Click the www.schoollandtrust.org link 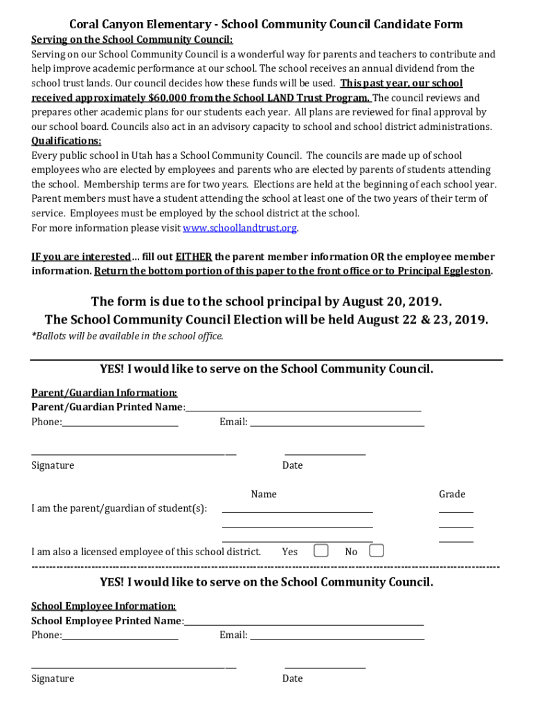[x=240, y=227]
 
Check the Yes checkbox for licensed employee [x=320, y=550]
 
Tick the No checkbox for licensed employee [x=376, y=550]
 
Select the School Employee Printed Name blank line [x=304, y=622]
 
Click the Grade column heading [x=452, y=494]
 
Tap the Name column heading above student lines [x=264, y=494]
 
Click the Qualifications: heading [x=66, y=141]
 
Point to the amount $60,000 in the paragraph [x=170, y=97]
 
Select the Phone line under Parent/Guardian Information [x=120, y=423]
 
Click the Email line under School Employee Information [x=336, y=636]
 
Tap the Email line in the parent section [x=336, y=423]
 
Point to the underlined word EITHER [x=194, y=257]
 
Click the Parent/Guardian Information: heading [x=104, y=393]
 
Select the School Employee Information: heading [x=103, y=606]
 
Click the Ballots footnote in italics [x=127, y=336]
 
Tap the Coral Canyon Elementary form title [x=266, y=24]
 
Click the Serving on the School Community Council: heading [x=132, y=39]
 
